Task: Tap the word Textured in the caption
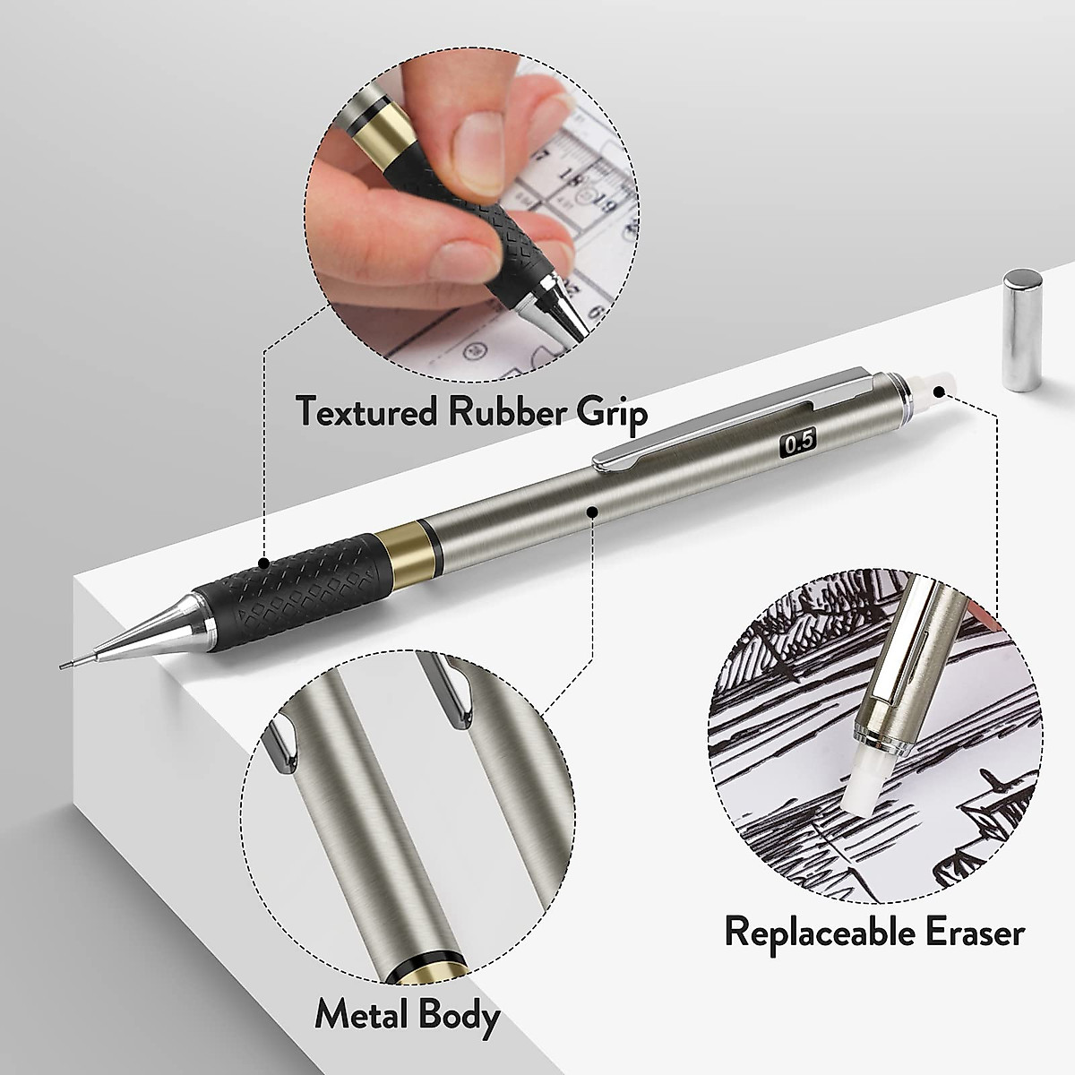[368, 412]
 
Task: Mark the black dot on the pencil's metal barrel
[591, 511]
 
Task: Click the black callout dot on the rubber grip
[264, 563]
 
